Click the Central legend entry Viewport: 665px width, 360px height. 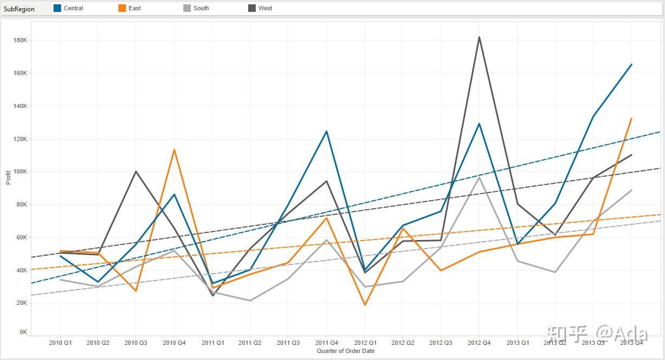[x=73, y=8]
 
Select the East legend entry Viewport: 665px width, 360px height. [x=134, y=8]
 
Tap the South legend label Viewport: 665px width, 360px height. [x=201, y=8]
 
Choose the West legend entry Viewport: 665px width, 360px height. [x=265, y=8]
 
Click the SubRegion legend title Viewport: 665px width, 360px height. [x=19, y=9]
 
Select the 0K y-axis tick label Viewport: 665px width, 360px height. [x=23, y=332]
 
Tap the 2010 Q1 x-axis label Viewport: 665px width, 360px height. [x=60, y=343]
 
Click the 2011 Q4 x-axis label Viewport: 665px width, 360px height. [x=327, y=343]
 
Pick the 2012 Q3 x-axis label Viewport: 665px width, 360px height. [x=441, y=343]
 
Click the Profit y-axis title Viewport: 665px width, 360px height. [x=8, y=178]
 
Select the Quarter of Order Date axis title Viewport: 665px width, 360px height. [x=345, y=351]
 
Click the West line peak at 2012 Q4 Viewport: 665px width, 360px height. [x=479, y=37]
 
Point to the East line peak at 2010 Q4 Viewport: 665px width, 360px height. [x=174, y=150]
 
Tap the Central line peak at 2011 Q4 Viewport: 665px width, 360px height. [x=327, y=131]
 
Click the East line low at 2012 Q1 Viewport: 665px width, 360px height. [x=365, y=305]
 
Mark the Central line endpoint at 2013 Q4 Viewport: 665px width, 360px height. [x=631, y=64]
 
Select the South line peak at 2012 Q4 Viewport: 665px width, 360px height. [x=479, y=177]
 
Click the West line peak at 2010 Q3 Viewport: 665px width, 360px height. [x=136, y=172]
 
